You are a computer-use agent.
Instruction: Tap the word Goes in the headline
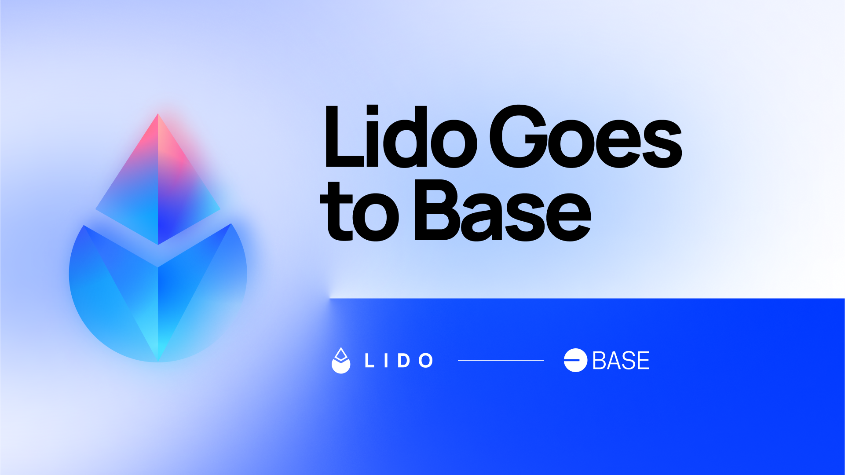[585, 137]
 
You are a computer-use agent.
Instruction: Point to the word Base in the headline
[502, 211]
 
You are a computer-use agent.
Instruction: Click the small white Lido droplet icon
[341, 361]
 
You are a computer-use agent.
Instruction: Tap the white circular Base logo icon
[575, 360]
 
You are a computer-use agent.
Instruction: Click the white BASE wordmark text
[621, 361]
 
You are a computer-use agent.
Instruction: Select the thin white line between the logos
[501, 360]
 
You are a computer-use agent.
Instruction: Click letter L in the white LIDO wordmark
[369, 361]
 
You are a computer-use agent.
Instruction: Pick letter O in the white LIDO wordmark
[426, 361]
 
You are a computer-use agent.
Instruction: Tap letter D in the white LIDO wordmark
[404, 361]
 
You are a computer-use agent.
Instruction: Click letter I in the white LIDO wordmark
[386, 361]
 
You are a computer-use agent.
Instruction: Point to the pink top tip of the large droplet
[158, 114]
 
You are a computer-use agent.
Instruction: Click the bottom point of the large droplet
[158, 362]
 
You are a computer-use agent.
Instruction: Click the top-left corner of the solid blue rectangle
[330, 299]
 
